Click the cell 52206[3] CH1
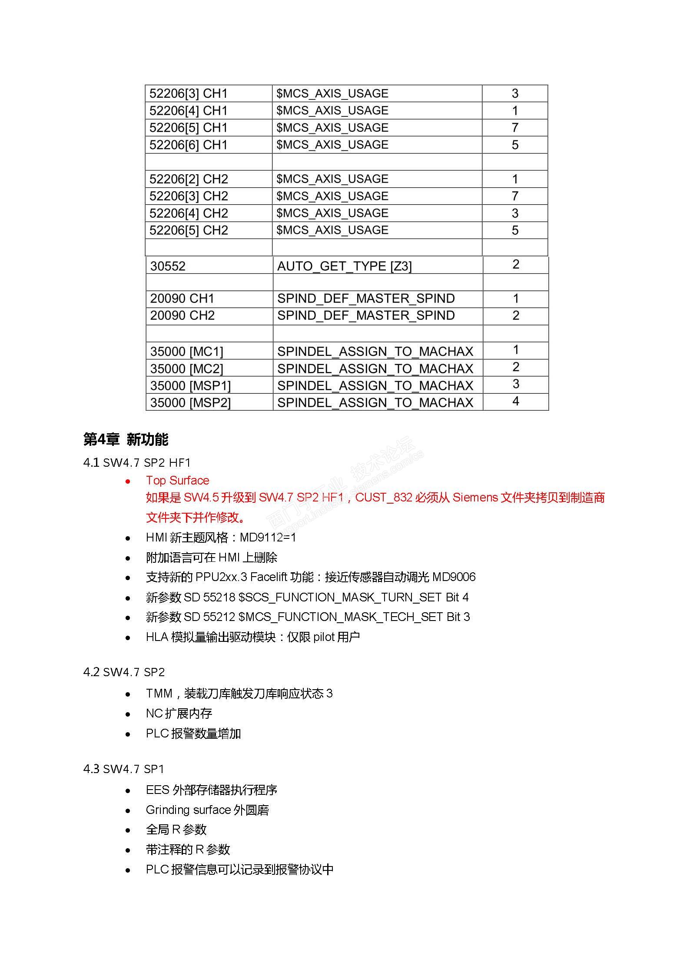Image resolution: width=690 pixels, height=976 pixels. [189, 94]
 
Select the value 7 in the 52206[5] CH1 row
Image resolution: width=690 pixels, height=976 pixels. [515, 128]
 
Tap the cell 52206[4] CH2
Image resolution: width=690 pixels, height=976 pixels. [189, 213]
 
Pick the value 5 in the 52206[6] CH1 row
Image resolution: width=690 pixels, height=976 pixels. [515, 145]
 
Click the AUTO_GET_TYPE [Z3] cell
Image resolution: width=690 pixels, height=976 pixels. [344, 266]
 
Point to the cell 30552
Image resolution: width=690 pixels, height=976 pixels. [168, 266]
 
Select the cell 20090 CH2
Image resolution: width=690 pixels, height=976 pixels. [182, 315]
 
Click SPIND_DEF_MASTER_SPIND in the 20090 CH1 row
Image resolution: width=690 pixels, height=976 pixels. [366, 299]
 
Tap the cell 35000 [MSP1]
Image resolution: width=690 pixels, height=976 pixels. [190, 385]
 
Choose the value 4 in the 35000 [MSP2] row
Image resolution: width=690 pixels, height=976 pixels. [516, 401]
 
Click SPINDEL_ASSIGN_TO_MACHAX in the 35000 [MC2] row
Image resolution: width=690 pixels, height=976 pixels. [375, 368]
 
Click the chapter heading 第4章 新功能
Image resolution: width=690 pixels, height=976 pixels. [126, 440]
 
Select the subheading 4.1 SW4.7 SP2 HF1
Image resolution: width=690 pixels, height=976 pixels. [137, 462]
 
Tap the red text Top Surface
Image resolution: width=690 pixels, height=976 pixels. [177, 480]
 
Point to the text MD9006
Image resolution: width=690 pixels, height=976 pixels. [454, 577]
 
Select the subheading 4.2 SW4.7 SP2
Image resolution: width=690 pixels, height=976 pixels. [124, 672]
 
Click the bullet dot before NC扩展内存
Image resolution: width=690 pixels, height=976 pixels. [128, 714]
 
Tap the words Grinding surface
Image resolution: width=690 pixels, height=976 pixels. [188, 810]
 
